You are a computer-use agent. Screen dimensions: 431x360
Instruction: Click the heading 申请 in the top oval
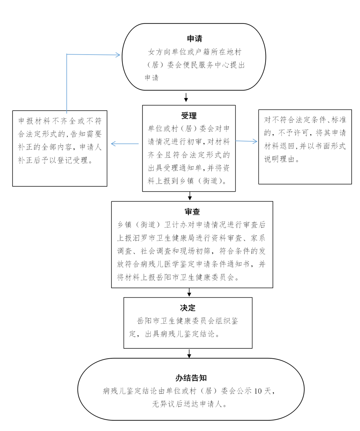(x=194, y=39)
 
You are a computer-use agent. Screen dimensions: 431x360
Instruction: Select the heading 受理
(x=189, y=116)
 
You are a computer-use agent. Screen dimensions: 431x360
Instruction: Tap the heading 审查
(x=192, y=212)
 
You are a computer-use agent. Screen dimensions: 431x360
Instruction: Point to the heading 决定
(x=188, y=308)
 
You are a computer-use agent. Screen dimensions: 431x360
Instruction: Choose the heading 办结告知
(x=191, y=378)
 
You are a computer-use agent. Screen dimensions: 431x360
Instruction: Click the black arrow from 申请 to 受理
(x=186, y=97)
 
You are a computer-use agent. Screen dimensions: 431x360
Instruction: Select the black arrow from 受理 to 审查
(x=190, y=196)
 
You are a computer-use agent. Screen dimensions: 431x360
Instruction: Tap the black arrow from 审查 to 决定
(x=189, y=292)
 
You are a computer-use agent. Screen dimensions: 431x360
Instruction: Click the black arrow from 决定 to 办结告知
(x=189, y=353)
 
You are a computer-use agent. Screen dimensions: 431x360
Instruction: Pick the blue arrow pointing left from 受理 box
(x=124, y=144)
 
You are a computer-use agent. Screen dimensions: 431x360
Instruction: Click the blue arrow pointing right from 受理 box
(x=246, y=141)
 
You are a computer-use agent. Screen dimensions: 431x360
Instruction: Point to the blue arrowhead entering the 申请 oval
(x=117, y=55)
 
